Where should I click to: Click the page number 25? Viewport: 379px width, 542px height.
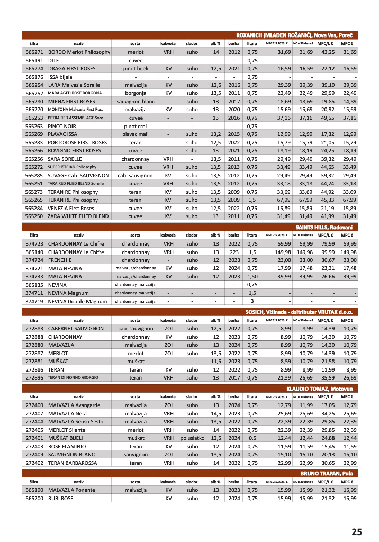point(356,532)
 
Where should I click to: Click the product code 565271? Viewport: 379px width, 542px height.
point(34,52)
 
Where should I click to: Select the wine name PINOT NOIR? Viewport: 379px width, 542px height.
point(63,127)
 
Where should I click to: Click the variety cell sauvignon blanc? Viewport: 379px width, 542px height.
point(135,102)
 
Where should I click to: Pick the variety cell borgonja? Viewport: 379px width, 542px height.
point(135,93)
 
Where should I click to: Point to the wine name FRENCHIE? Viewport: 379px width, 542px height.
point(60,260)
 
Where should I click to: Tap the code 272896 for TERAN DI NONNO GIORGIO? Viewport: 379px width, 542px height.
point(34,378)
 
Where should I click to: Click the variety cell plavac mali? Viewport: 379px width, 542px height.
point(135,134)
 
